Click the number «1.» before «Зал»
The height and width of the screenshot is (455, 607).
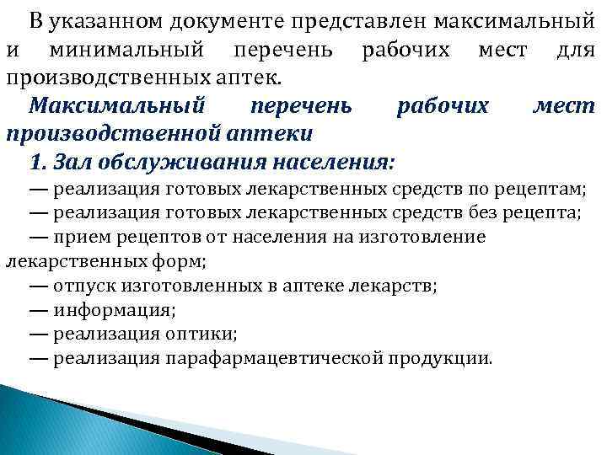click(x=39, y=162)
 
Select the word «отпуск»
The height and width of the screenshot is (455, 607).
click(x=80, y=286)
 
